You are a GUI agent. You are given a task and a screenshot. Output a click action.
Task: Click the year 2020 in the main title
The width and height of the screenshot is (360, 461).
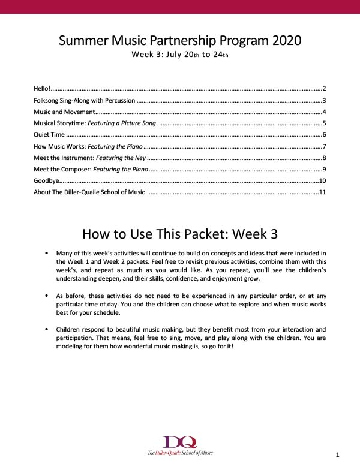(278, 41)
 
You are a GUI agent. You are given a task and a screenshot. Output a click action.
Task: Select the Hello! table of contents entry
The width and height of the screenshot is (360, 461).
(43, 89)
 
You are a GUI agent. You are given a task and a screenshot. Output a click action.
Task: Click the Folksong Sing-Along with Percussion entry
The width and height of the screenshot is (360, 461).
(84, 101)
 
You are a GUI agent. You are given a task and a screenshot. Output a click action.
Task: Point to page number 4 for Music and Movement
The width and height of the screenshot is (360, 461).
(323, 112)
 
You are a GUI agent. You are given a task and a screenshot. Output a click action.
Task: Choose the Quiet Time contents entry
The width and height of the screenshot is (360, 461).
(49, 135)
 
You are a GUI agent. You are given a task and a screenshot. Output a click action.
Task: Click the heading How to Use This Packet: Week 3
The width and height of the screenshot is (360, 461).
(180, 233)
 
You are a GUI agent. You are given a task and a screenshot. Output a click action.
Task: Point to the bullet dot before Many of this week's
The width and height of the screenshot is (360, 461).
(47, 254)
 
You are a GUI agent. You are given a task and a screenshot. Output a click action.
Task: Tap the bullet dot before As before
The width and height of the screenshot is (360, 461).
(47, 296)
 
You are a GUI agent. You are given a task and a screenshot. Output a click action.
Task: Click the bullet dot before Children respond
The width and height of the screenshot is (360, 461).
(47, 330)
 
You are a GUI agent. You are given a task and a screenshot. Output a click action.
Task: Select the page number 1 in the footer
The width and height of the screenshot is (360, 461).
(338, 454)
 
